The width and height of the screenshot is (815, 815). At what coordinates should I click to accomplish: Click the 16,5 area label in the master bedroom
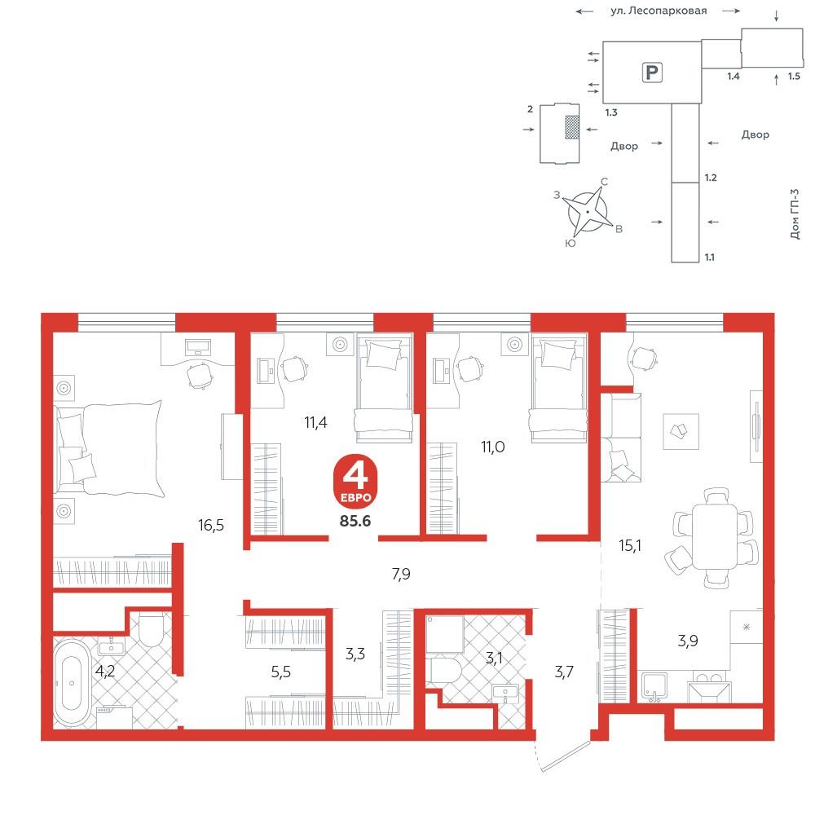pos(211,525)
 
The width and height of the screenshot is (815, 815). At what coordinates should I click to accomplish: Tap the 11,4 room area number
pos(315,422)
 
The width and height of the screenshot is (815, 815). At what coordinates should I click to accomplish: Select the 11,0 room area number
pos(493,447)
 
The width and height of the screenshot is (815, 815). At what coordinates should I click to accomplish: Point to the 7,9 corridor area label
pos(401,574)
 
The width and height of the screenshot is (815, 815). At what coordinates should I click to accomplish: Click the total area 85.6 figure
pos(355,520)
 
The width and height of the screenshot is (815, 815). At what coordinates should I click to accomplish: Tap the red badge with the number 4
pos(355,481)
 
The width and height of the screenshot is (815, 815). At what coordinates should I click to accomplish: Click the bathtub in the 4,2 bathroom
pos(73,682)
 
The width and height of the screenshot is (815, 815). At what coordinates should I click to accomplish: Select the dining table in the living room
pos(715,536)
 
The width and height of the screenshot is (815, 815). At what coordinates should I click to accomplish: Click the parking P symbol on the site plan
pos(652,73)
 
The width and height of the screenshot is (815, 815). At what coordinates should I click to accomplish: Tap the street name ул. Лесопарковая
pos(659,11)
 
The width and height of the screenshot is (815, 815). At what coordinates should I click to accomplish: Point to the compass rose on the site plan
pos(588,213)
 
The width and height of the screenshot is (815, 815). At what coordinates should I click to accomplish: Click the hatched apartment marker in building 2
pos(572,127)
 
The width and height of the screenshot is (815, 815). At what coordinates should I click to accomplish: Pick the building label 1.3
pos(611,112)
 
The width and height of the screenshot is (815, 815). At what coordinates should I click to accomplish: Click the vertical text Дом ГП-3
pos(794,214)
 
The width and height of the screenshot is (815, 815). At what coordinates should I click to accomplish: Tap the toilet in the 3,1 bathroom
pos(446,671)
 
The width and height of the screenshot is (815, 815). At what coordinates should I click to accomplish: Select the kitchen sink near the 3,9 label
pos(654,687)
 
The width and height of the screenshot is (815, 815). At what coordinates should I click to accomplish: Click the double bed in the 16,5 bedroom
pos(108,448)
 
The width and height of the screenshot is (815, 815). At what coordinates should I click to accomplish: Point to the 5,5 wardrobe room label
pos(280,672)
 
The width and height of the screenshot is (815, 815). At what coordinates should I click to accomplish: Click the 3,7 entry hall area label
pos(564,672)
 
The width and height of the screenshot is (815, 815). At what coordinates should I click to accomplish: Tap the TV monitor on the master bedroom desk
pos(198,346)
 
